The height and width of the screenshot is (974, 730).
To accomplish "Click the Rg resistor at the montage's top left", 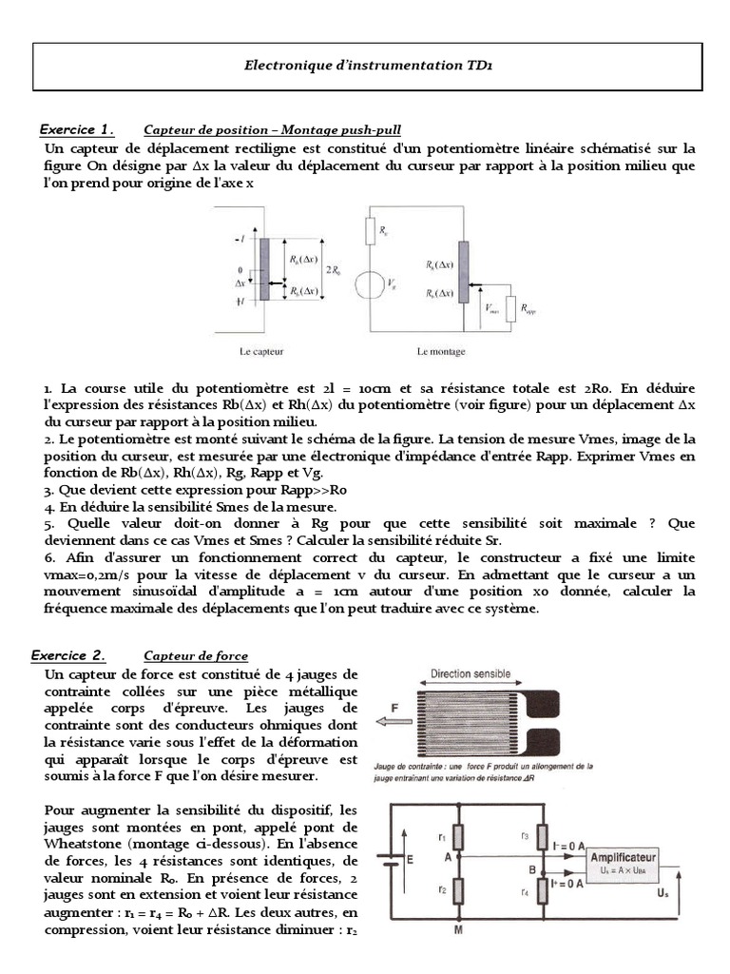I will pos(372,229).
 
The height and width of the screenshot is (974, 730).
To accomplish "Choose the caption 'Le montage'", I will pos(441,351).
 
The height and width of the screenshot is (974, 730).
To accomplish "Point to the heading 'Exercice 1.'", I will pos(76,129).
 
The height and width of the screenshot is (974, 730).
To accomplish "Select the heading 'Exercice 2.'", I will pos(68,655).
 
